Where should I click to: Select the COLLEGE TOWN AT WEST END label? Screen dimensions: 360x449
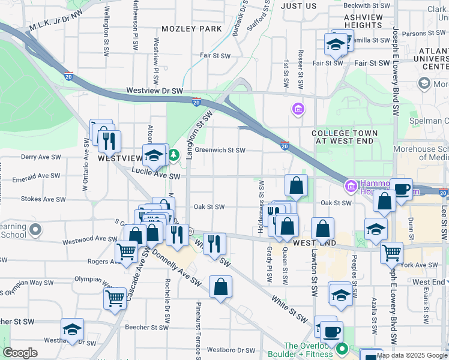pos(345,137)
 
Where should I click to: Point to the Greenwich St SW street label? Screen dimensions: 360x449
pos(220,151)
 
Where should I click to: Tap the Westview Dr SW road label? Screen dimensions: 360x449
pos(154,91)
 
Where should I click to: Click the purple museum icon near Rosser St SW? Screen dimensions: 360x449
pos(297,109)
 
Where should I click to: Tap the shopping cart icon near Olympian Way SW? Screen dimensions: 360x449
pos(115,298)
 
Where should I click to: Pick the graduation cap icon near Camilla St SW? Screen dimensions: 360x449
pos(336,44)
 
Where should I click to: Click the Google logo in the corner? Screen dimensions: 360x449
pos(20,353)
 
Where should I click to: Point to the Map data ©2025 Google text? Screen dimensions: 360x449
pos(412,355)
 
